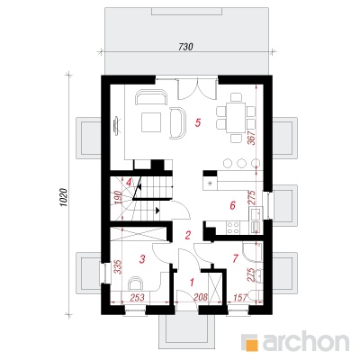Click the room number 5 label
coord(197,122)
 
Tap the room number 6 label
coord(232,205)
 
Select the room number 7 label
coord(235,258)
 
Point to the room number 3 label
coord(142,258)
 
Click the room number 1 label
coord(192,282)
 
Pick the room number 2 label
coord(188,235)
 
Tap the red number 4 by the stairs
coord(129,182)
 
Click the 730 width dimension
coord(185,47)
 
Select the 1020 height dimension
coord(63,198)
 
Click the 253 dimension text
coord(137,297)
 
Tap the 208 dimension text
coord(201,297)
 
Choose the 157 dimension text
coord(239,297)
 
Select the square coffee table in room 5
coord(151,122)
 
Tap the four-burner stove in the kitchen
coord(233,227)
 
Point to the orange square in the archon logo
coord(251,342)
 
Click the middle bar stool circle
coord(241,163)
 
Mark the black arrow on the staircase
coord(157,211)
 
